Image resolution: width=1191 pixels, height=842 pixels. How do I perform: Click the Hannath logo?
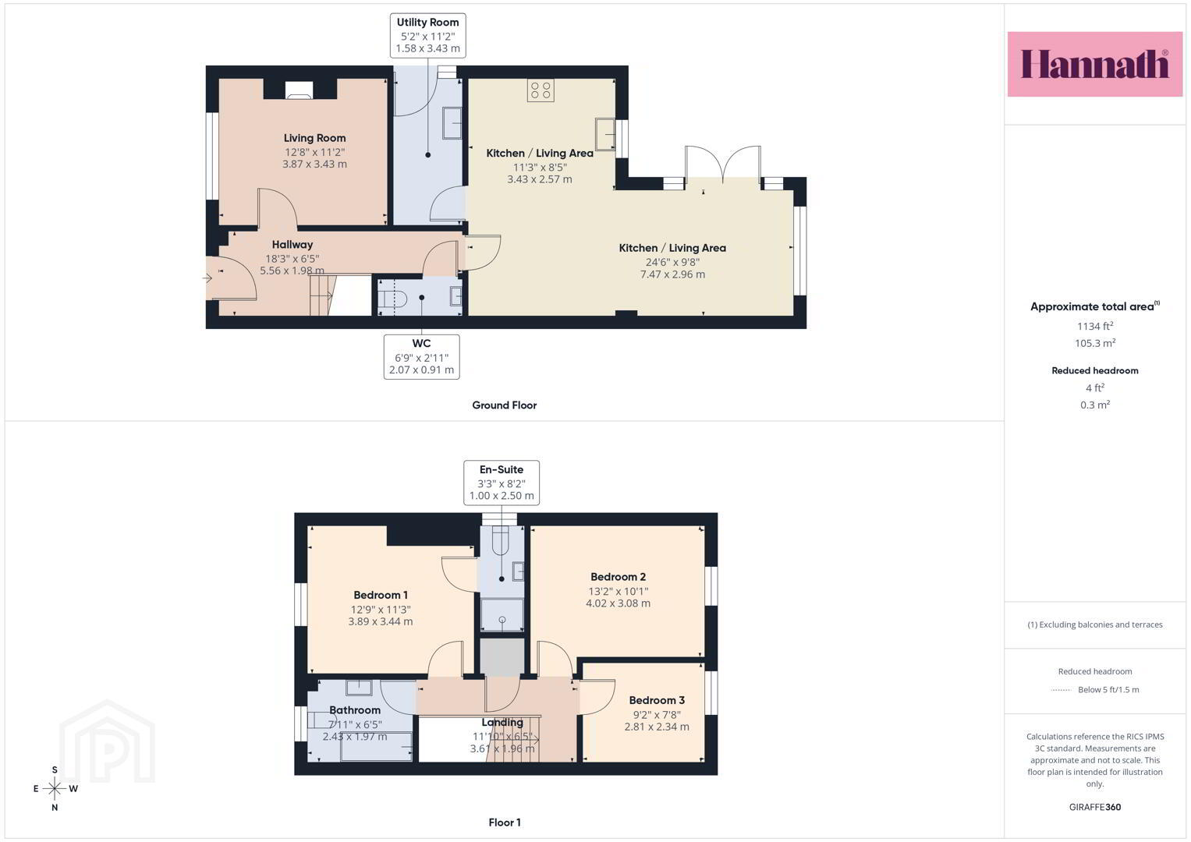tap(1095, 64)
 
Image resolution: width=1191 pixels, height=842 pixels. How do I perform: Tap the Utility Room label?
tap(427, 23)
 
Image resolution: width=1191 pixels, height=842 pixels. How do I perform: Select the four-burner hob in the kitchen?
tap(541, 90)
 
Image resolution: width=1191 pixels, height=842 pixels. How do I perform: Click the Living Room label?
tap(315, 138)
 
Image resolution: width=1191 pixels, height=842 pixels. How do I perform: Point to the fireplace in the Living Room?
tap(300, 90)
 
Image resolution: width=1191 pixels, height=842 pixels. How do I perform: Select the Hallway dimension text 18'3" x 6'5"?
tap(292, 259)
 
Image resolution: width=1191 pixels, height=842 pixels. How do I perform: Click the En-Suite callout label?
tap(502, 469)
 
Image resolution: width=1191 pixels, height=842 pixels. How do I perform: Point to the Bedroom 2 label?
tap(618, 577)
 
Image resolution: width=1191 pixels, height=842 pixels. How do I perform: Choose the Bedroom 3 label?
tap(657, 700)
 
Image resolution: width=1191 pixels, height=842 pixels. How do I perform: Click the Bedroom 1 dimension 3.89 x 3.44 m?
tap(380, 621)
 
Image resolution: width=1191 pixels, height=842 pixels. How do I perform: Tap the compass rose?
tap(55, 788)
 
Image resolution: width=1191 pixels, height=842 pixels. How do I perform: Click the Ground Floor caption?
tap(504, 405)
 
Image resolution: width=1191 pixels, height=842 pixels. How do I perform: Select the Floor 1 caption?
tap(505, 823)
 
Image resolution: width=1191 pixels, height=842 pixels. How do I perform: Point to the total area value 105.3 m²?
tap(1095, 343)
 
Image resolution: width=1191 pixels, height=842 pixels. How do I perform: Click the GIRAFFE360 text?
tap(1095, 807)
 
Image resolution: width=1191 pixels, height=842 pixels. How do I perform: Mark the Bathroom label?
tap(355, 710)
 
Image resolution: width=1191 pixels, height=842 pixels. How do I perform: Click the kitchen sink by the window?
tap(605, 133)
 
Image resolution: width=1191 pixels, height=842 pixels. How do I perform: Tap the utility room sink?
tap(452, 123)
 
